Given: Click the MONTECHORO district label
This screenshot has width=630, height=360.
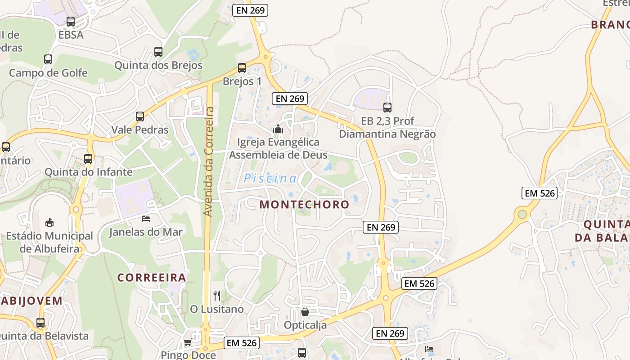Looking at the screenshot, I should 304,204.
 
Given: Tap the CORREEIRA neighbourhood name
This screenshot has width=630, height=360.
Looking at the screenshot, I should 152,277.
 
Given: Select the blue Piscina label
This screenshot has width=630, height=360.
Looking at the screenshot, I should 270,179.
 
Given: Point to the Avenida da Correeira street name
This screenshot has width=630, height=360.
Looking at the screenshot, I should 208,161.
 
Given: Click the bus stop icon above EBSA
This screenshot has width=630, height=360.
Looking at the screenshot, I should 71,22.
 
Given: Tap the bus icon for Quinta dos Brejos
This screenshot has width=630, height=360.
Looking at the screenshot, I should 158,52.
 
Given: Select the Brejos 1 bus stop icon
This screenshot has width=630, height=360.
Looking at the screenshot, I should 242,68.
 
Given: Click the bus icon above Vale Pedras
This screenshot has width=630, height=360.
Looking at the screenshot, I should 140,117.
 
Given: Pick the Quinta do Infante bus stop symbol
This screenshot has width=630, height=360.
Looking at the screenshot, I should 88,158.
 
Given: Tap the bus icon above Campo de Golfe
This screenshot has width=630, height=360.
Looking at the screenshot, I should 48,59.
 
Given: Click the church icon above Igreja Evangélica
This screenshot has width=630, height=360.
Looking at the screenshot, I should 278,129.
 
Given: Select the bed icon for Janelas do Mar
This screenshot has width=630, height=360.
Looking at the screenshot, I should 146,219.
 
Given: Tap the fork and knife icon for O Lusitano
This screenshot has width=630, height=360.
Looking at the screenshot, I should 217,296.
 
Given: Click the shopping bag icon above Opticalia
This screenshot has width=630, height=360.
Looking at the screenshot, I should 305,311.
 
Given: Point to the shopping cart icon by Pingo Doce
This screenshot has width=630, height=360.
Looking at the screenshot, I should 188,342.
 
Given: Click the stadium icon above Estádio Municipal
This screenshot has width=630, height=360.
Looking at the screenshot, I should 49,222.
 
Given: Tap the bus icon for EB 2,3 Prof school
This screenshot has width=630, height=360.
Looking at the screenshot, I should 387,108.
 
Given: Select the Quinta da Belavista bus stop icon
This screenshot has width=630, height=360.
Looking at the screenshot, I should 40,322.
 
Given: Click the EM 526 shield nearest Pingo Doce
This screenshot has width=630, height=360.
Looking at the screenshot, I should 242,343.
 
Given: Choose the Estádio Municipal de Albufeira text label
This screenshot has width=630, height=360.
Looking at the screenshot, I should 49,242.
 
